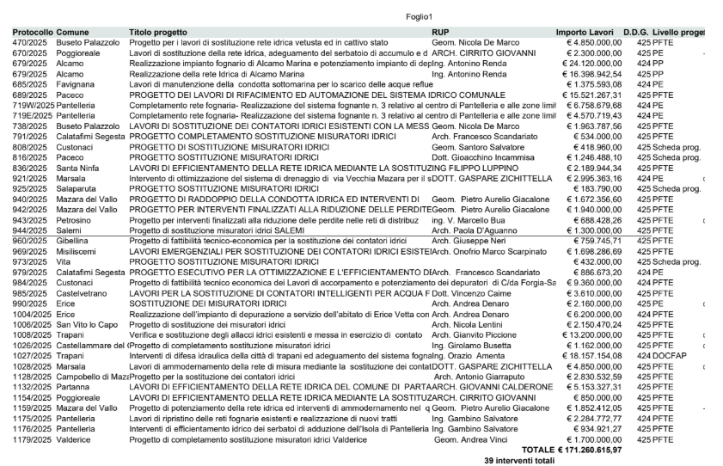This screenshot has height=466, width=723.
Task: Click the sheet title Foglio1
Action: tap(420, 17)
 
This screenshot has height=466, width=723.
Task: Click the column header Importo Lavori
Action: tap(585, 32)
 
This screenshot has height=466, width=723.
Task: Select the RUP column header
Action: tap(438, 32)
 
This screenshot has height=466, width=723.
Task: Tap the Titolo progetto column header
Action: tap(158, 32)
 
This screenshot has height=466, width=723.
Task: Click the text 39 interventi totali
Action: tap(520, 461)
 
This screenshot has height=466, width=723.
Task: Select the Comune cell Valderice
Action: tap(76, 438)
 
